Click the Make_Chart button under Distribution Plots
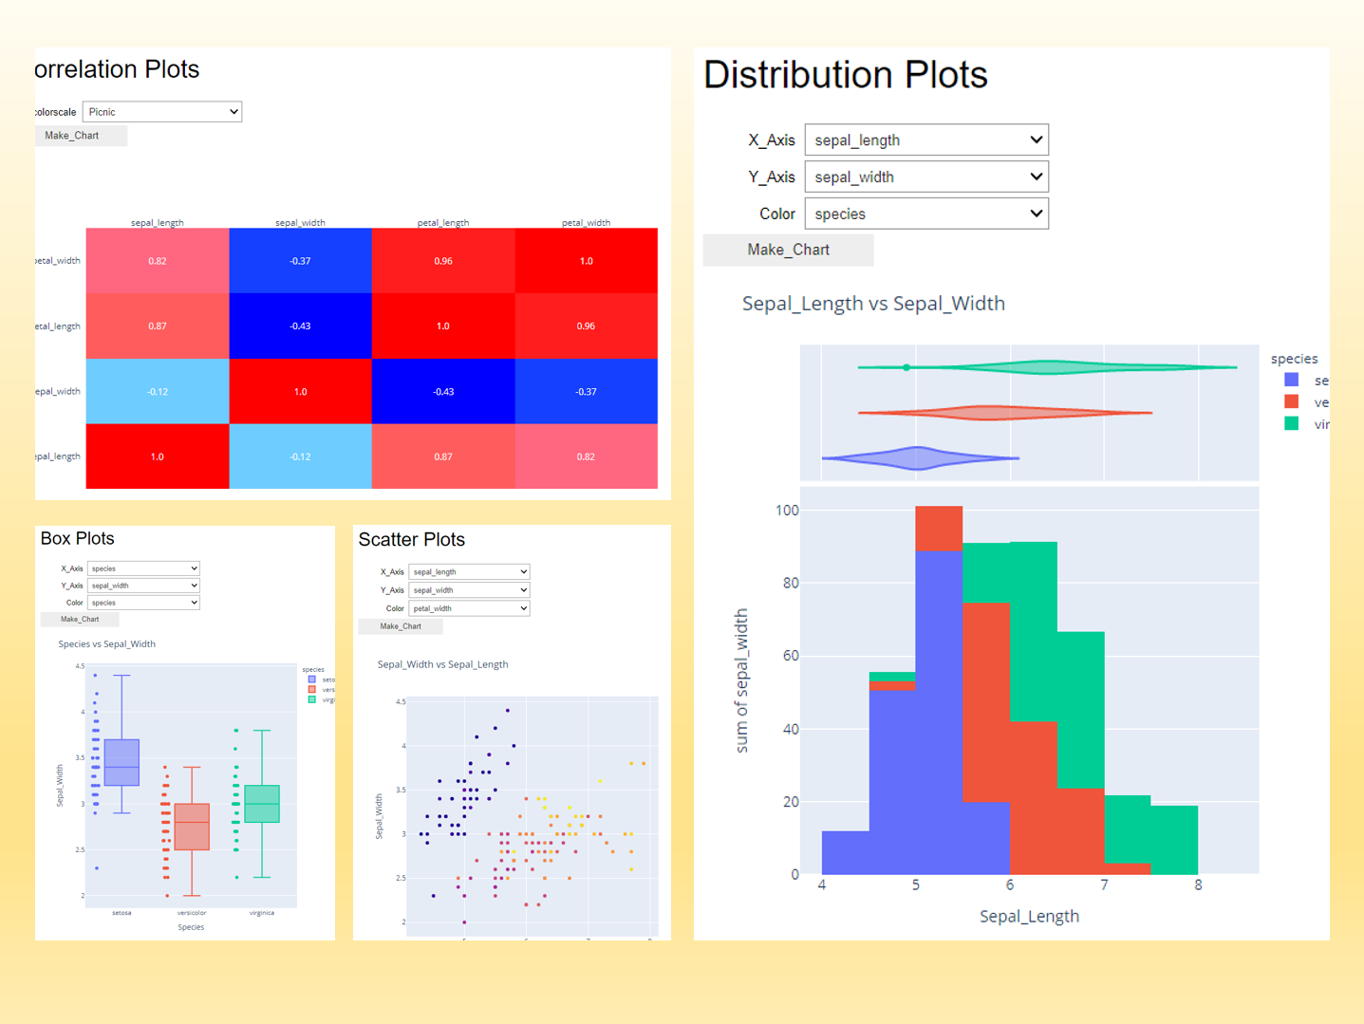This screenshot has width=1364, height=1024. coord(788,250)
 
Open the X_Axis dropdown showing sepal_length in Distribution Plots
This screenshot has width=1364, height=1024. coord(925,140)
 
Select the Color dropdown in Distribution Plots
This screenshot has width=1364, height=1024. coord(925,214)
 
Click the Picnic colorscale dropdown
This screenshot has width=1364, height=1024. coord(161,112)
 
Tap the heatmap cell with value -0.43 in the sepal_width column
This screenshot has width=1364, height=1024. coord(300,326)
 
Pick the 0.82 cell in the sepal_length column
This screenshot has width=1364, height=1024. coord(158,261)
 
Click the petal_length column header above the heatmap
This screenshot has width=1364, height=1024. coord(443,222)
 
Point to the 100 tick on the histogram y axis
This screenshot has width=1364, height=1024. coord(787,511)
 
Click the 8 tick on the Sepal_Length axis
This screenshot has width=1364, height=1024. coord(1198,885)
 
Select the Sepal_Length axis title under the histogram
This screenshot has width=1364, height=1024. coord(1029,916)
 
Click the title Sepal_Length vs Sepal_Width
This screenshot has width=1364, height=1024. coord(873,304)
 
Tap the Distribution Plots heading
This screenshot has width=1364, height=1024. coord(845,75)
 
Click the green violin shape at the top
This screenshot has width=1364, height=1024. coord(1049,367)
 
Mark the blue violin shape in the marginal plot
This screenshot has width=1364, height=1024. coord(917,458)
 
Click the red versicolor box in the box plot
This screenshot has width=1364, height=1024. coord(192,827)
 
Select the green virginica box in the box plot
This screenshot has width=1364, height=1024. coord(262,803)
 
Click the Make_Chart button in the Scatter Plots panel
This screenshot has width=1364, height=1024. coord(401,626)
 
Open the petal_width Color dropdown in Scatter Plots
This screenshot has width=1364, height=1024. coord(469,608)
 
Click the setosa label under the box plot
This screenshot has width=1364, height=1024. coord(121,913)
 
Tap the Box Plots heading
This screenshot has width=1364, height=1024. coord(78,538)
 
